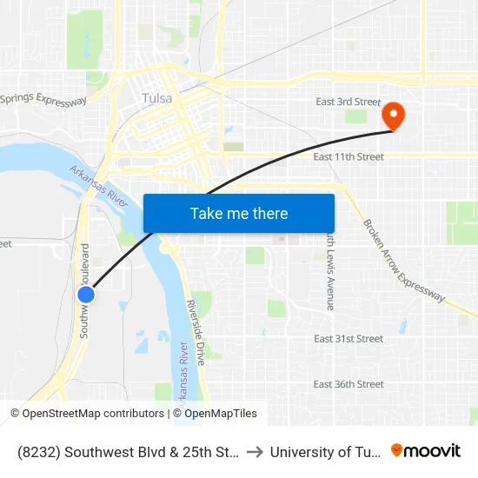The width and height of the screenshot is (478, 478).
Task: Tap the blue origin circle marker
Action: tap(86, 295)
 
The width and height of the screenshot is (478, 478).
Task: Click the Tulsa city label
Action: tap(157, 98)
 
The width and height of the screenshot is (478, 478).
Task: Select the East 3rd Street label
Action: tap(349, 102)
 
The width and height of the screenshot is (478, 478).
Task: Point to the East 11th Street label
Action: tap(349, 156)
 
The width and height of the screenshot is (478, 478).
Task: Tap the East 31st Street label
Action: tap(349, 339)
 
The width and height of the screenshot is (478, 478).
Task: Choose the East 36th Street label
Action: tap(349, 384)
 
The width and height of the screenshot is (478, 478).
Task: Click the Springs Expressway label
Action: tap(43, 98)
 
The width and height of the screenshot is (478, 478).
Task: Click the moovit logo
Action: tap(426, 451)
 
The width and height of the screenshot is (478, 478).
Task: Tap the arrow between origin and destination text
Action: tap(254, 452)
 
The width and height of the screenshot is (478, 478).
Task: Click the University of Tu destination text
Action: tap(324, 452)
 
